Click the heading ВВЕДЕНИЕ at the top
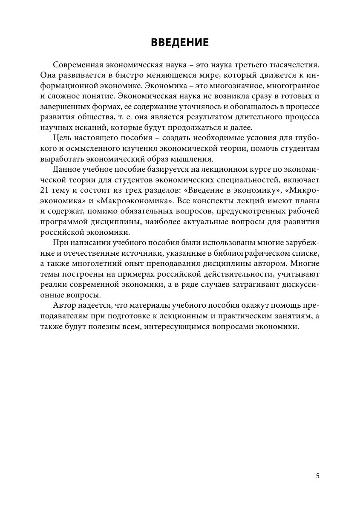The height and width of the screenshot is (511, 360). [x=180, y=43]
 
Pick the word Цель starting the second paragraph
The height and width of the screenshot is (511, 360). [x=62, y=137]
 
